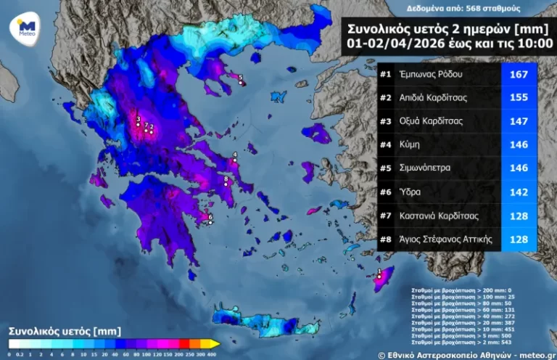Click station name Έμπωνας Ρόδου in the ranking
click(x=431, y=74)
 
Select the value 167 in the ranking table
click(x=519, y=74)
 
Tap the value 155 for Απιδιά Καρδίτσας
click(x=519, y=97)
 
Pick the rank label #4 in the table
click(x=387, y=144)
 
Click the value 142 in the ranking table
click(x=519, y=192)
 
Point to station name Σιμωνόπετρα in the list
click(x=425, y=168)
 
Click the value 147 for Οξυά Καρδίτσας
click(x=519, y=121)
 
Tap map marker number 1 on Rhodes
click(x=379, y=276)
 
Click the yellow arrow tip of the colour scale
click(x=215, y=343)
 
